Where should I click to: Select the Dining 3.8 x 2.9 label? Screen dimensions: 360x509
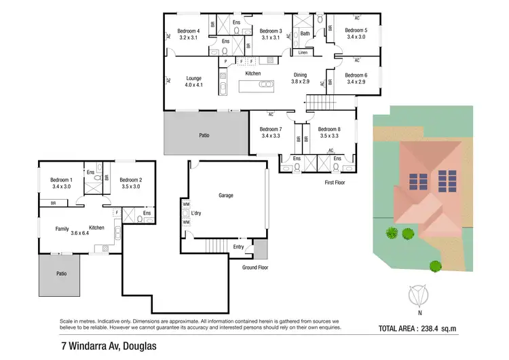(x=300, y=78)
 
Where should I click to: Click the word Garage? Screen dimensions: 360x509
(x=225, y=196)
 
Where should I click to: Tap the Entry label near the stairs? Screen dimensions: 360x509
(x=238, y=247)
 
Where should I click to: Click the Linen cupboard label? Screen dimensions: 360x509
(x=303, y=52)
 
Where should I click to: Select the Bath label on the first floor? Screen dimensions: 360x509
(x=305, y=33)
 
